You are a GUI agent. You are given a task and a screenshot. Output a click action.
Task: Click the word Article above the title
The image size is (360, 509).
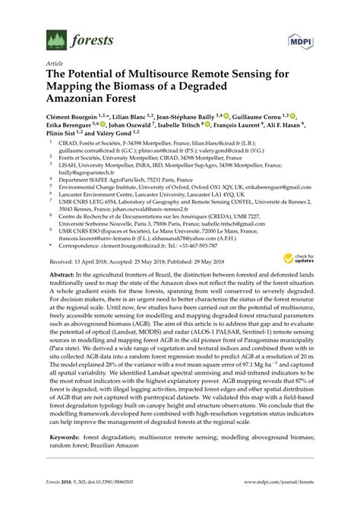pyautogui.click(x=55, y=65)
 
